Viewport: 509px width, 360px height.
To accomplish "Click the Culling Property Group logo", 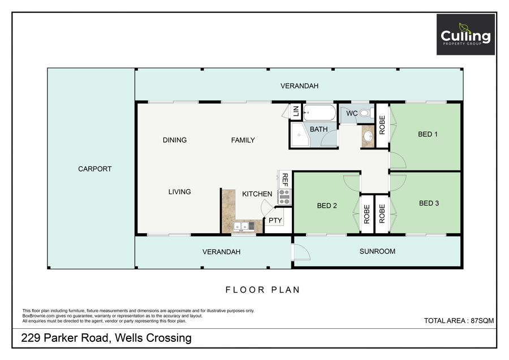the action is click(x=465, y=35).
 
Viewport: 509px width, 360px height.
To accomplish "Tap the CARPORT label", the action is click(x=95, y=169).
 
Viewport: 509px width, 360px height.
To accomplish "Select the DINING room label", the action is click(x=175, y=140).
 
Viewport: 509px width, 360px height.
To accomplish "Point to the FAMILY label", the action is click(x=243, y=140).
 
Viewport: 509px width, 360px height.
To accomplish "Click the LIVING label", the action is click(x=179, y=192).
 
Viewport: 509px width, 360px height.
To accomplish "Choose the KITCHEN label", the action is click(x=257, y=194).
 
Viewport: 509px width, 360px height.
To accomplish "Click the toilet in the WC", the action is click(x=366, y=113).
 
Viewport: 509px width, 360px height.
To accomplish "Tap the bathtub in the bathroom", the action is click(x=320, y=113).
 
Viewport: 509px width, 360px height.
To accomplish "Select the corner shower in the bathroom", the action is click(x=300, y=134).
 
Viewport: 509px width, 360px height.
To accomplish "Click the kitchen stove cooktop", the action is click(x=284, y=197).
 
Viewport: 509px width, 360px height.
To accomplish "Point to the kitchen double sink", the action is click(x=244, y=226).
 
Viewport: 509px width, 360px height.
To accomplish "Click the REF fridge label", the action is click(x=284, y=179).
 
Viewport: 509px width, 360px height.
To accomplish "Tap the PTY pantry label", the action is click(x=275, y=221).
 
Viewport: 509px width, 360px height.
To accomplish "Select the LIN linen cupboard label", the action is click(x=296, y=111).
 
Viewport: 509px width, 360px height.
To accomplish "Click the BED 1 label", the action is click(x=428, y=134).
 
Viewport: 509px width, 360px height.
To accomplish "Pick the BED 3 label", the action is click(x=429, y=203).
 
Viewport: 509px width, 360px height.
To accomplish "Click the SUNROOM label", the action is click(x=377, y=251).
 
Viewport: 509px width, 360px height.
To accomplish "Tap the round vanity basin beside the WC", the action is click(x=368, y=136).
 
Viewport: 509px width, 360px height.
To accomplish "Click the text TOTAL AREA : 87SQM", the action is click(x=459, y=321).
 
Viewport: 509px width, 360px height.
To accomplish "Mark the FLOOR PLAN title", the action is click(x=262, y=290).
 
